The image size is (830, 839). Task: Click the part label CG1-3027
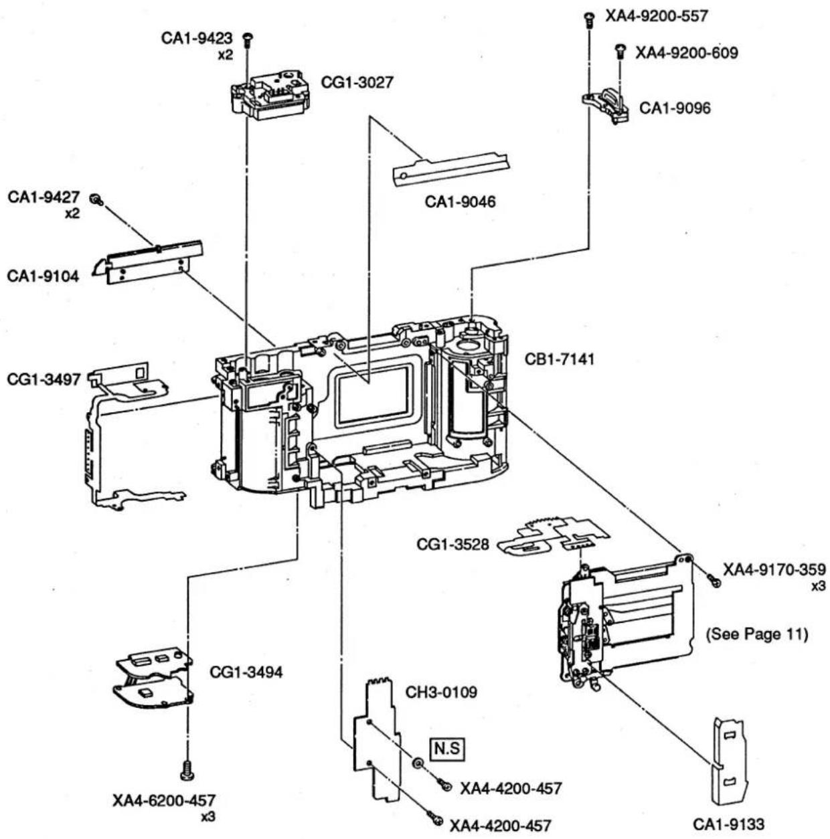coord(357,82)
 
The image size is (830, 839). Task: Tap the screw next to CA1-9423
coord(248,39)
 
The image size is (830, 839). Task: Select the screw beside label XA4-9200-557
coord(588,19)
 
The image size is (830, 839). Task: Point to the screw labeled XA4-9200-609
coord(620,52)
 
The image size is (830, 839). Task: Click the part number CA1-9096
coord(675,108)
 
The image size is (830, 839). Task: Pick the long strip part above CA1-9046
coord(451,169)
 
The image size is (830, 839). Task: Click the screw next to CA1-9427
coord(96,199)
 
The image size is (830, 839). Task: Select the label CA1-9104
coord(43,276)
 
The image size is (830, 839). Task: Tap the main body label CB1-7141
coord(559,360)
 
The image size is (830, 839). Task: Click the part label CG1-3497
coord(44,379)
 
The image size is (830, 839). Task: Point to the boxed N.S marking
coord(447,748)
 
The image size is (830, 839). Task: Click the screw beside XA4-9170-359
coord(714,580)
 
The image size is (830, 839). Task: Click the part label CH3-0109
coord(441,692)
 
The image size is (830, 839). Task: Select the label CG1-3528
coord(452,544)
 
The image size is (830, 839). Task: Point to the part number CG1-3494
coord(246,672)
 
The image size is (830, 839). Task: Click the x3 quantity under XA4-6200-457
coord(207,817)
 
